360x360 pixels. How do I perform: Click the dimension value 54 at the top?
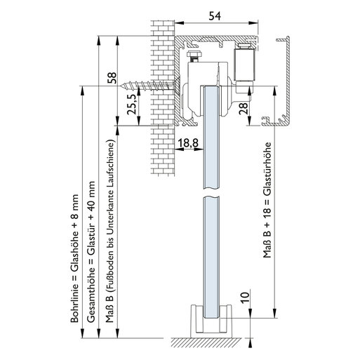click(x=215, y=16)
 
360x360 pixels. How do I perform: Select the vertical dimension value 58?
click(x=112, y=78)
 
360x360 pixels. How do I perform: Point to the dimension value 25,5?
click(x=131, y=104)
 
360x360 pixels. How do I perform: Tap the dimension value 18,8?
click(x=188, y=142)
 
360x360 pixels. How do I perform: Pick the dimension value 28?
click(x=244, y=108)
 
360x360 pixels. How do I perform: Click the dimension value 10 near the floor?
click(x=245, y=298)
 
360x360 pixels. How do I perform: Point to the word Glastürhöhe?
click(x=267, y=168)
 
